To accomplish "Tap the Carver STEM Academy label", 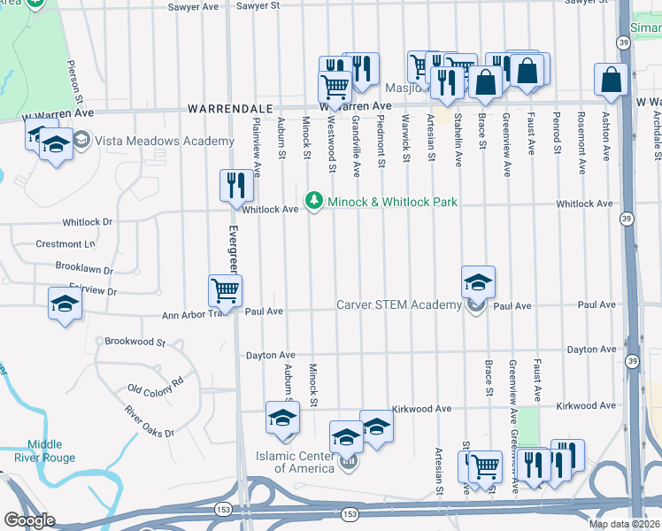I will tap(398, 305).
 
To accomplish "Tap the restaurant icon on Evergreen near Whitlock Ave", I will tap(236, 186).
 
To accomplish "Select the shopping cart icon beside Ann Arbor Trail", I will tap(226, 289).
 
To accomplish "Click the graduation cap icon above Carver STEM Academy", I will tap(478, 282).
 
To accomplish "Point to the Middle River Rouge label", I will tap(44, 451).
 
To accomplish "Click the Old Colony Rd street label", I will tap(155, 384).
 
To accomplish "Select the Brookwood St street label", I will tap(135, 341).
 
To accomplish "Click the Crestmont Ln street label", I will tap(65, 243).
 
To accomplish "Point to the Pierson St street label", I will tap(79, 79).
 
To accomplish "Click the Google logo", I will tap(29, 520).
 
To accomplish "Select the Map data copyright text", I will tap(625, 524).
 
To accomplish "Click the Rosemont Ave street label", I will tap(581, 130).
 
